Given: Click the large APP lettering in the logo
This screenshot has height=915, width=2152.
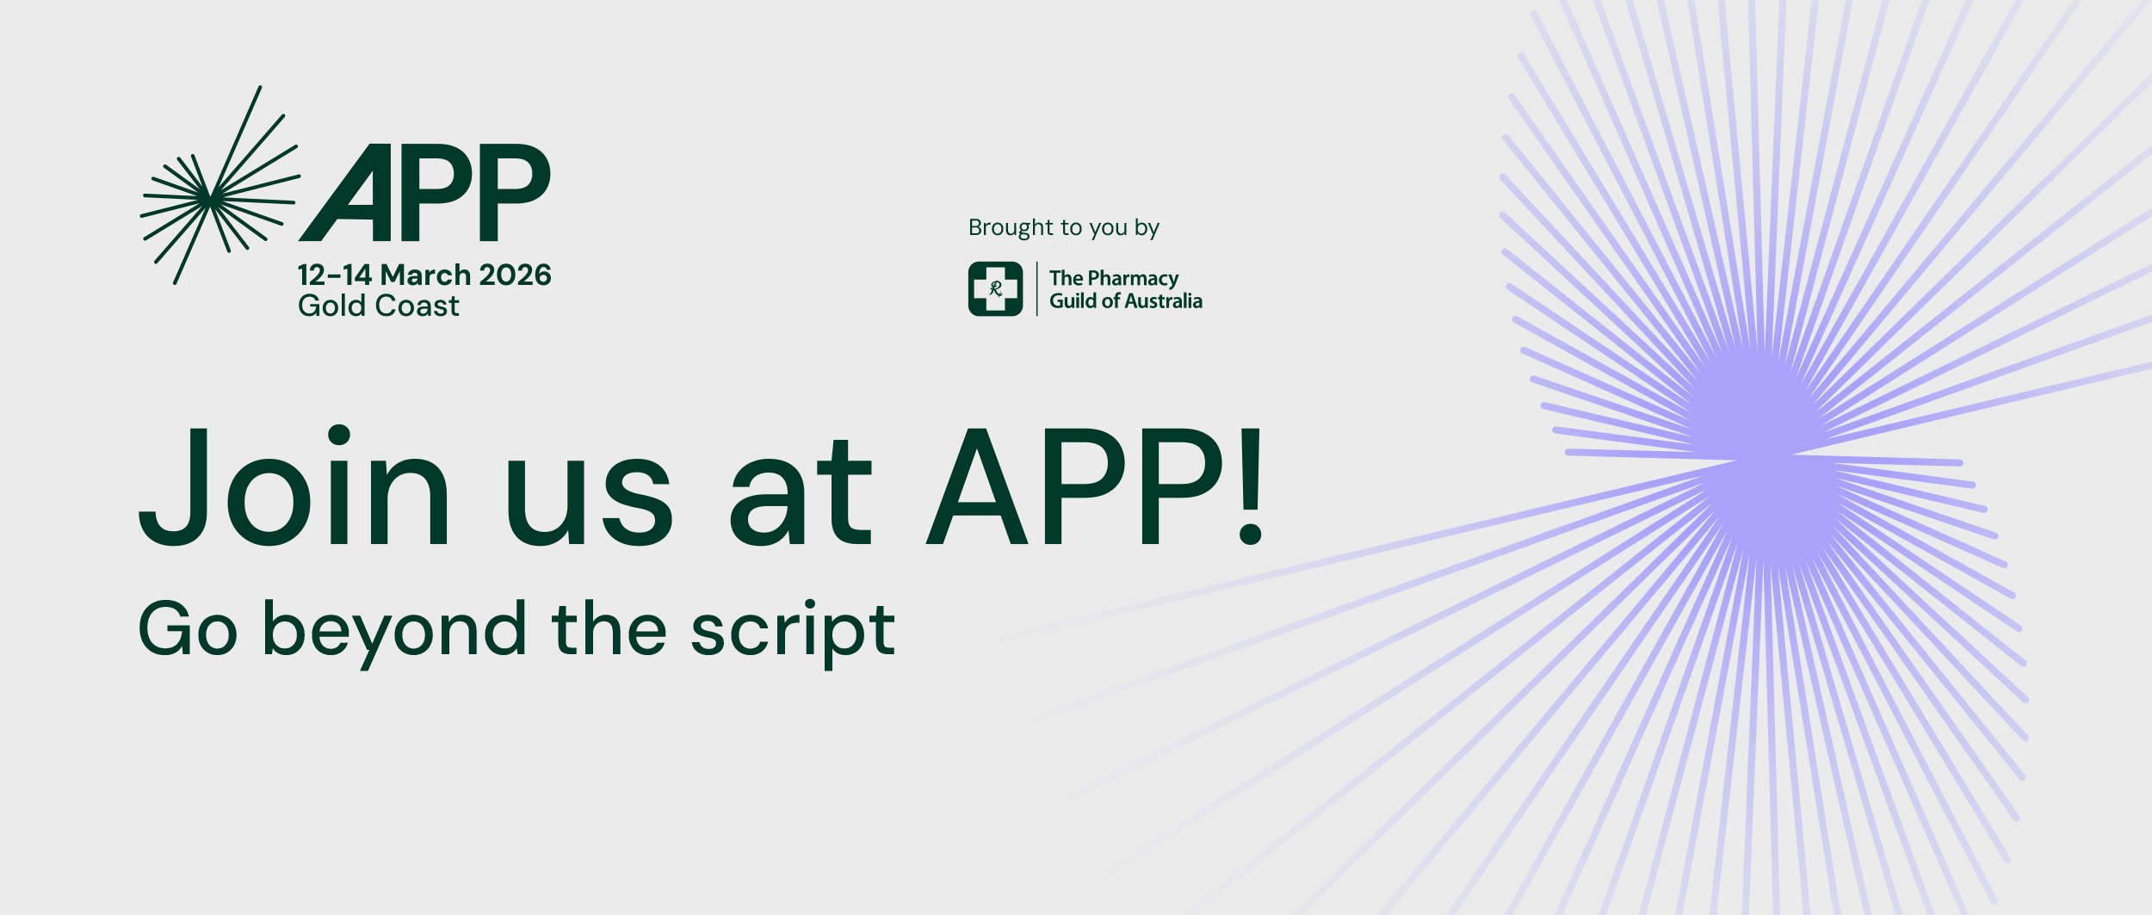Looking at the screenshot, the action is pos(424,192).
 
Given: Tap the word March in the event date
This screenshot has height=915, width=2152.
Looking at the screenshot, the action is pos(425,275).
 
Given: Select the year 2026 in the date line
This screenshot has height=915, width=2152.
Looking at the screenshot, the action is pos(515,275).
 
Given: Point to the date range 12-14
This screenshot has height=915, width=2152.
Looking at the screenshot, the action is pos(335,275).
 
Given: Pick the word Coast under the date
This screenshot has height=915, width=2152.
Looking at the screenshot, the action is pos(417,306).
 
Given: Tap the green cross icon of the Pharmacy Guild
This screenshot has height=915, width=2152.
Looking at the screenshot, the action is pos(995,288).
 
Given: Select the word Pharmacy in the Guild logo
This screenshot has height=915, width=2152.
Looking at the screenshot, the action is pos(1133,279).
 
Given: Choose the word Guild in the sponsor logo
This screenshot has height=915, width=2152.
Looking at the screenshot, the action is pos(1073,300).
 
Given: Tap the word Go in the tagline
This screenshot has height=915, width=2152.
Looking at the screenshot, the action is pos(188,629).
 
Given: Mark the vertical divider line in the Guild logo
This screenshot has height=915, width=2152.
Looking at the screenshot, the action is pos(1036,288).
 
